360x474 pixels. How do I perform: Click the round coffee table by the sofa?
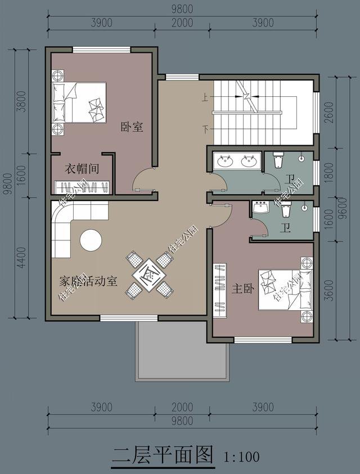91,240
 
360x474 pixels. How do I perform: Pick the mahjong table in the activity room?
149,275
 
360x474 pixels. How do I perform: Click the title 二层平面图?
163,454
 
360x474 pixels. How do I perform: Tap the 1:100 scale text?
241,455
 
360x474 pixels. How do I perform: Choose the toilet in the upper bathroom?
278,162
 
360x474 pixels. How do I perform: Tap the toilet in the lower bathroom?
285,211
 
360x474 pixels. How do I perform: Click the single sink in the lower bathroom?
262,208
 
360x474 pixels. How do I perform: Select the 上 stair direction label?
206,98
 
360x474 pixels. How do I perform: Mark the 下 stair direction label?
206,129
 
